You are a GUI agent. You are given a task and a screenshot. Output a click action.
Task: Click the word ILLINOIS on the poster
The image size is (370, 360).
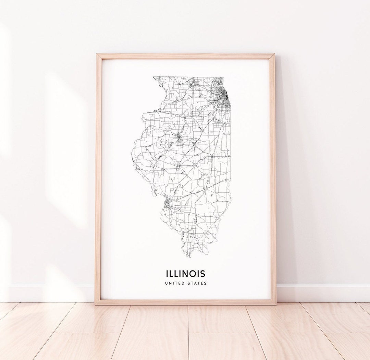(x=186, y=274)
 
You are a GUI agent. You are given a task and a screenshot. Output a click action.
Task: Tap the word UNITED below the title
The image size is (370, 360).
(x=174, y=283)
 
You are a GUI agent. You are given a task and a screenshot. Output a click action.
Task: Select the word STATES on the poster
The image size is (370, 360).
(x=197, y=283)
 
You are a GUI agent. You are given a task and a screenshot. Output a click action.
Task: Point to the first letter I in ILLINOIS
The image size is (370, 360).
(x=167, y=274)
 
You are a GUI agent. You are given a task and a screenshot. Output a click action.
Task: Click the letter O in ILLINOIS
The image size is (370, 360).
(x=195, y=274)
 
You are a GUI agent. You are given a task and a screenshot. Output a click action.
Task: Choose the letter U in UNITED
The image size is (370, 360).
(x=166, y=283)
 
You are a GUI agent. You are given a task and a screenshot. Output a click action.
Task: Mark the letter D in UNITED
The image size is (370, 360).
(x=182, y=283)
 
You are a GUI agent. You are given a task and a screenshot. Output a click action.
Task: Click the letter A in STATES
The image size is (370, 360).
(x=196, y=283)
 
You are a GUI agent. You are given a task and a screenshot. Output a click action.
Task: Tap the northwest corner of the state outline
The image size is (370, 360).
(x=154, y=77)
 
